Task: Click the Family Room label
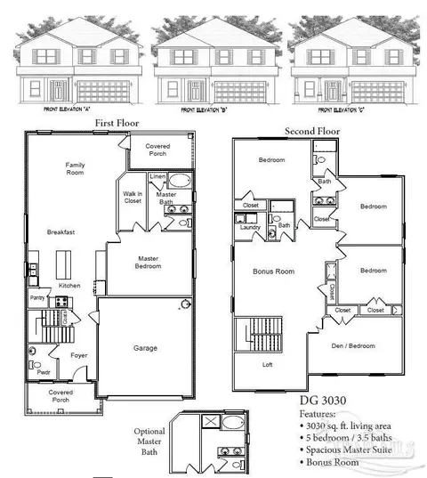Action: (x=75, y=169)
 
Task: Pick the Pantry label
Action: (x=37, y=298)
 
